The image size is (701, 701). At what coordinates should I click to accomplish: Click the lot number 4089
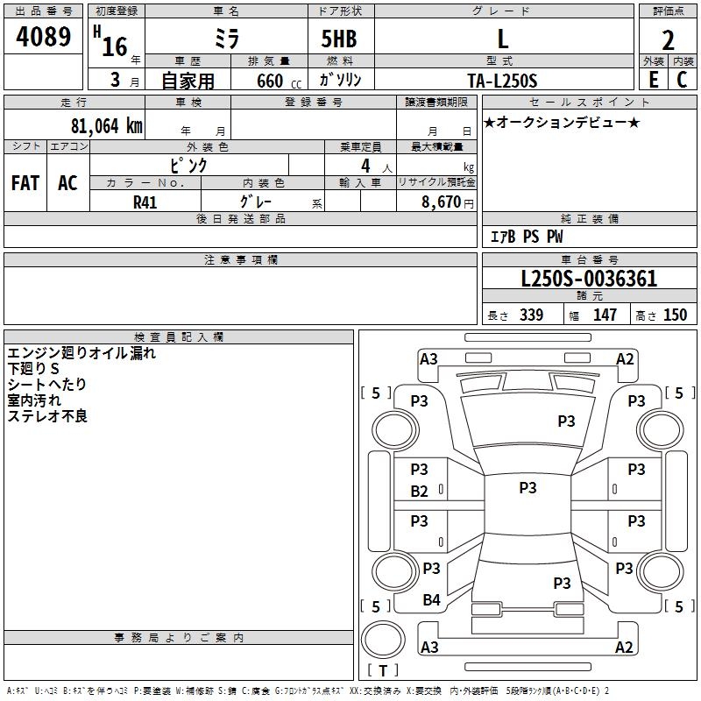pyautogui.click(x=43, y=36)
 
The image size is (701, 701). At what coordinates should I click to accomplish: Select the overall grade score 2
pyautogui.click(x=668, y=40)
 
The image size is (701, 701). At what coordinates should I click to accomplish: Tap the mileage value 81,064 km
pyautogui.click(x=107, y=125)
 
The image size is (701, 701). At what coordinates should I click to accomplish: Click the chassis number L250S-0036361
pyautogui.click(x=589, y=279)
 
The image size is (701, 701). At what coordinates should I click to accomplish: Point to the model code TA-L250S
pyautogui.click(x=502, y=81)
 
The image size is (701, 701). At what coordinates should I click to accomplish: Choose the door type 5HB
pyautogui.click(x=339, y=39)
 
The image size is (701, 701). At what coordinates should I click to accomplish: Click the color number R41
pyautogui.click(x=145, y=202)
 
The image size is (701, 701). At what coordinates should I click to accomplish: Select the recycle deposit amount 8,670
pyautogui.click(x=441, y=202)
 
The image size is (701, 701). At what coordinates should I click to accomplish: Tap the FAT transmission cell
pyautogui.click(x=25, y=182)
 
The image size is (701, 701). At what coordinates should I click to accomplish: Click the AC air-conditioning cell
pyautogui.click(x=67, y=182)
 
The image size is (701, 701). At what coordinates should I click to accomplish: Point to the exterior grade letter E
pyautogui.click(x=654, y=80)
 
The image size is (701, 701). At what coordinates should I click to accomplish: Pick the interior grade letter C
pyautogui.click(x=682, y=80)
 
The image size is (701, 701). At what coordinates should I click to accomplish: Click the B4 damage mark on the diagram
pyautogui.click(x=431, y=599)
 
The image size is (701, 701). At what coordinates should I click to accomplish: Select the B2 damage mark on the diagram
pyautogui.click(x=419, y=492)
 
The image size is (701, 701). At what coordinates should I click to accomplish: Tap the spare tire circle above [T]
pyautogui.click(x=383, y=640)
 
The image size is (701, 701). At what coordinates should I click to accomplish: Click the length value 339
pyautogui.click(x=531, y=315)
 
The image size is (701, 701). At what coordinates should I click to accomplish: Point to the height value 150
pyautogui.click(x=675, y=315)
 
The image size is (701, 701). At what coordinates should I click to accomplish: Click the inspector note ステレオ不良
pyautogui.click(x=47, y=416)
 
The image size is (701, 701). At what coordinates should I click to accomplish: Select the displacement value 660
pyautogui.click(x=270, y=81)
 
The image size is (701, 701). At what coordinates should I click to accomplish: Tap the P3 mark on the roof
pyautogui.click(x=528, y=487)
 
